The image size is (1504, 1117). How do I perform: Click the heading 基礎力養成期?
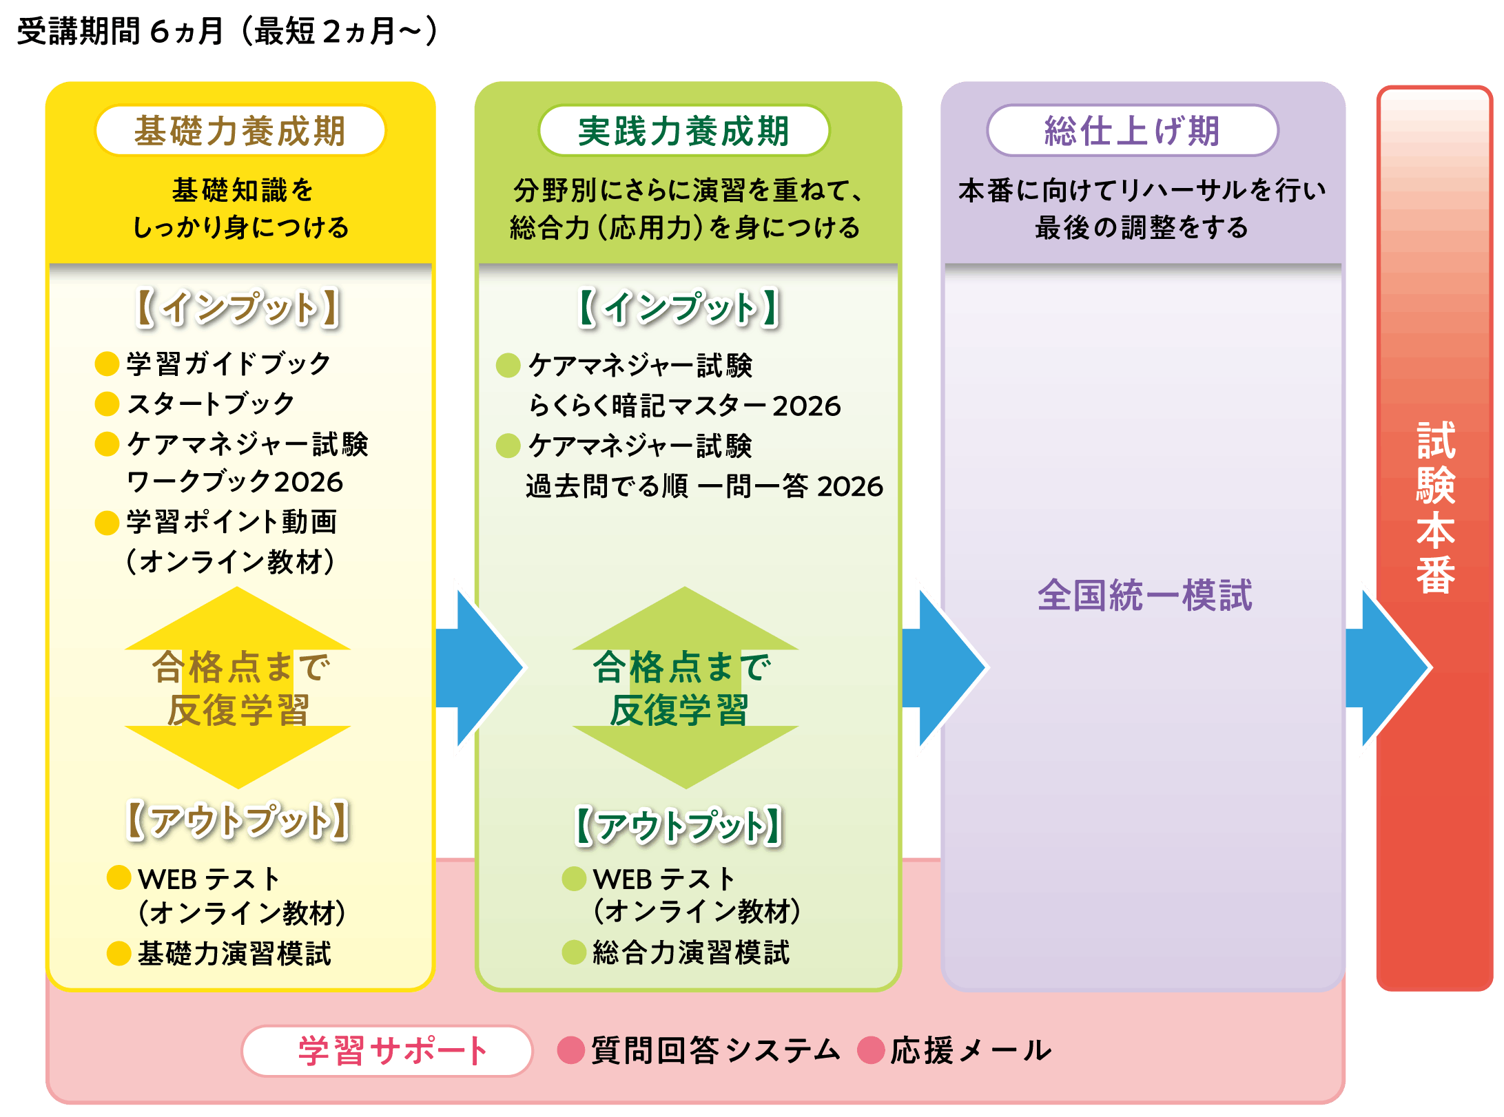pyautogui.click(x=240, y=131)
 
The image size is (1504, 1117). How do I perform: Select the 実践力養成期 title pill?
pyautogui.click(x=683, y=131)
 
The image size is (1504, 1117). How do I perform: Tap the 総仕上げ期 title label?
pyautogui.click(x=1132, y=131)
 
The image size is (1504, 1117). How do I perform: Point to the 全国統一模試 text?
pyautogui.click(x=1144, y=595)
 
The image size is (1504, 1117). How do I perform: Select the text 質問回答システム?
pyautogui.click(x=715, y=1051)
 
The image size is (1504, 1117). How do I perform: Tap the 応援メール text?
pyautogui.click(x=970, y=1051)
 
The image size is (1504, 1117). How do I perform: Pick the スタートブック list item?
pyautogui.click(x=211, y=404)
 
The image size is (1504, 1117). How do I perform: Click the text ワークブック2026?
pyautogui.click(x=235, y=482)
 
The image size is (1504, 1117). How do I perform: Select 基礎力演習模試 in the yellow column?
pyautogui.click(x=234, y=954)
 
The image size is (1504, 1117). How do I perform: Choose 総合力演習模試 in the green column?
pyautogui.click(x=691, y=953)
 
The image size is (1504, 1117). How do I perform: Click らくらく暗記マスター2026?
pyautogui.click(x=684, y=406)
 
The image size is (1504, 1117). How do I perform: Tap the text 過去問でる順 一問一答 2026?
pyautogui.click(x=703, y=486)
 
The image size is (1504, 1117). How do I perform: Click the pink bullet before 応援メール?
pyautogui.click(x=871, y=1051)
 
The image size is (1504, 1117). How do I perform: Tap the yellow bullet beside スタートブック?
pyautogui.click(x=107, y=404)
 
